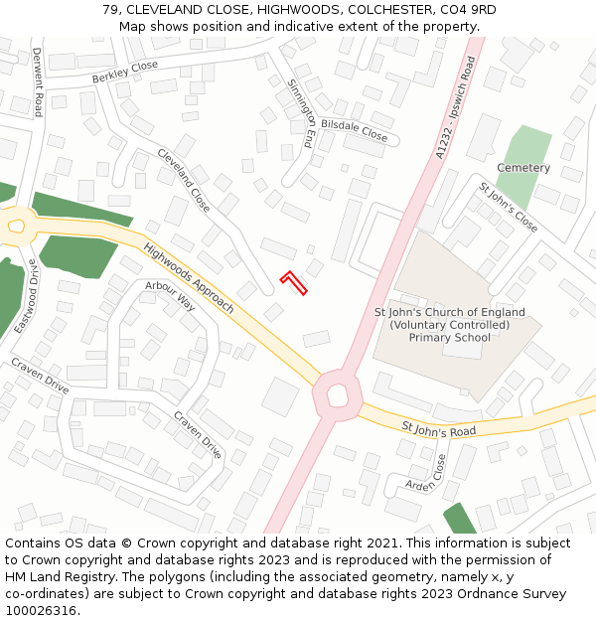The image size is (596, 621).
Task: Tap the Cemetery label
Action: (x=523, y=168)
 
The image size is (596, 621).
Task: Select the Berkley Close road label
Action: (x=125, y=72)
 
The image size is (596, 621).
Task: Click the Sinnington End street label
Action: (x=301, y=113)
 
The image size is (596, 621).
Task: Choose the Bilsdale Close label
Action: (x=355, y=130)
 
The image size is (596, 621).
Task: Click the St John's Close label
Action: (x=509, y=208)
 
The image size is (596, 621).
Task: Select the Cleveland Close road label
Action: (x=184, y=181)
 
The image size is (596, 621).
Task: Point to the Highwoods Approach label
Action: (x=189, y=278)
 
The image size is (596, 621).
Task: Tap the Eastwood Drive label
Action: (x=25, y=295)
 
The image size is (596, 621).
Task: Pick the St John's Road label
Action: (x=439, y=429)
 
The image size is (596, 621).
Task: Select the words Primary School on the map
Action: (x=450, y=338)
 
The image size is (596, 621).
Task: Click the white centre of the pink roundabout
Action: (x=337, y=396)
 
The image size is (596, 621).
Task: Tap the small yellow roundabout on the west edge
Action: (x=15, y=228)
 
